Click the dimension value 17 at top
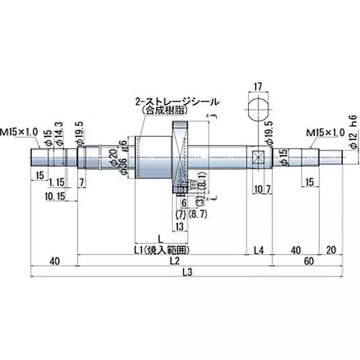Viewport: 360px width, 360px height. (x=258, y=85)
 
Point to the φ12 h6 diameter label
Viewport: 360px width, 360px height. (x=353, y=130)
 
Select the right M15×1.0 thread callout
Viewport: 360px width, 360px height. (x=325, y=133)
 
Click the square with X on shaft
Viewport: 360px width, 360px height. (x=258, y=157)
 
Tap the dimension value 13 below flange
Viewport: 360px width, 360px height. (x=180, y=227)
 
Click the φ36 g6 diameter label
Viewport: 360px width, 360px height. (x=122, y=157)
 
